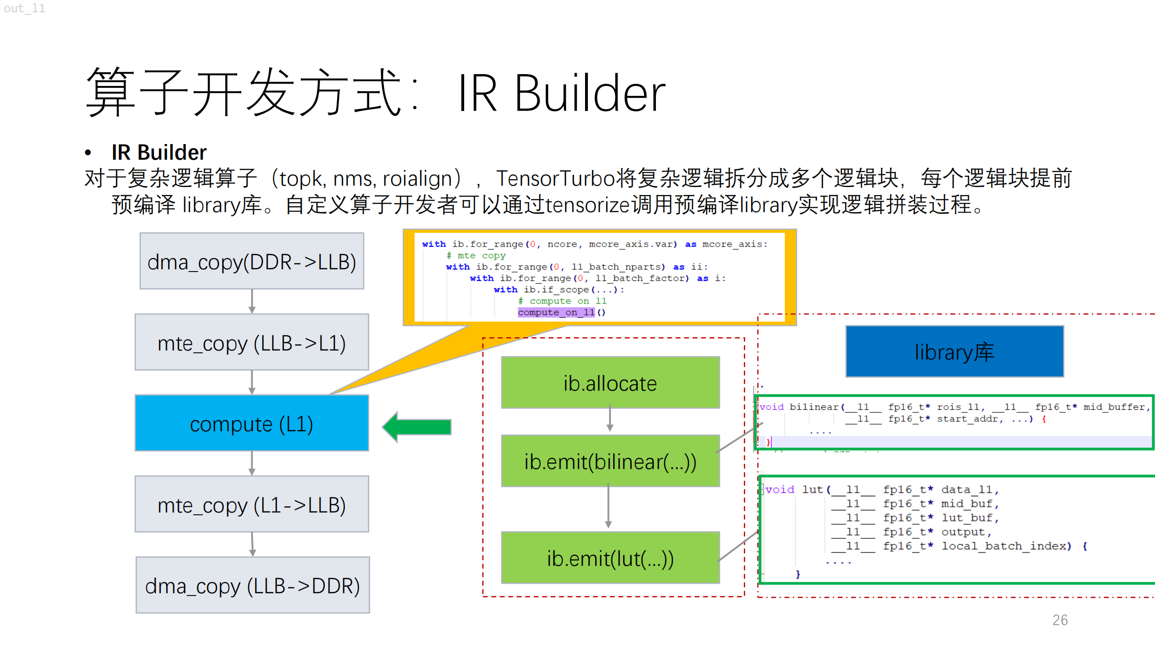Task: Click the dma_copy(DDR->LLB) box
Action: (252, 261)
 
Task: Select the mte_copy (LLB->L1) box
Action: (252, 342)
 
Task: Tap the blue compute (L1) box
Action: (252, 424)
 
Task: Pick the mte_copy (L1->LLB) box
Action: (252, 504)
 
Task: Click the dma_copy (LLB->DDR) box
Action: (253, 585)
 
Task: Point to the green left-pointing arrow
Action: (416, 427)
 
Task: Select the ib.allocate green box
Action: (610, 383)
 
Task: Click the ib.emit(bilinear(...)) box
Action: (610, 461)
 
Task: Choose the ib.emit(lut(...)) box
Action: (610, 558)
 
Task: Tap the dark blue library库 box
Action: (954, 352)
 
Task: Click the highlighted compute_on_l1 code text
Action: (556, 312)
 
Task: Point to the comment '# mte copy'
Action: (476, 255)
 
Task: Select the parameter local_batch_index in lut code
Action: (1007, 546)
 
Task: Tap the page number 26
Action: (1060, 620)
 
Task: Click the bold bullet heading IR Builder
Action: (159, 152)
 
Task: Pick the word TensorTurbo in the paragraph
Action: (555, 179)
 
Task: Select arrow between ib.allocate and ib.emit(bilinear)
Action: (610, 418)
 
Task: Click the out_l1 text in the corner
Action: (25, 9)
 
